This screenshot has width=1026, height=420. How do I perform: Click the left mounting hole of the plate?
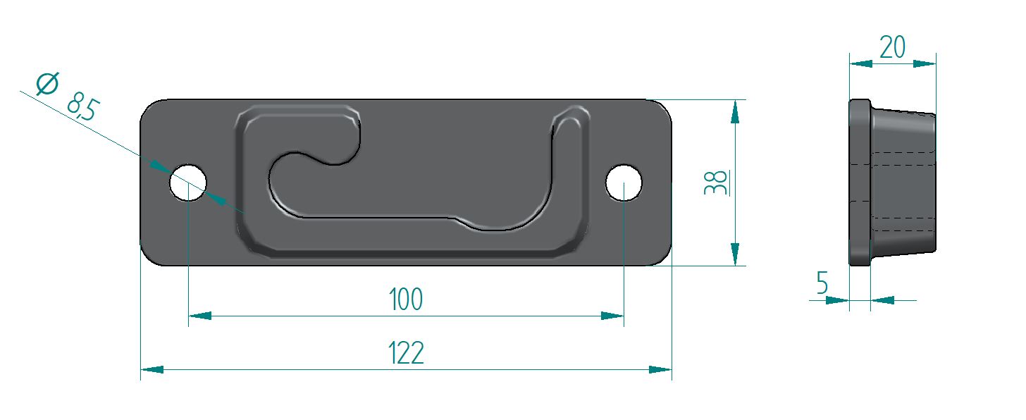(x=187, y=183)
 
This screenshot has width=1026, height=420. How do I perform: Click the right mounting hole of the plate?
(x=624, y=183)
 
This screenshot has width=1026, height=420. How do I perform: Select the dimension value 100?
(x=406, y=299)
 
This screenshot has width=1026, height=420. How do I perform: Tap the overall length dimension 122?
(x=407, y=352)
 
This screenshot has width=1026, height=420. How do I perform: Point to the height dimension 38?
(x=715, y=183)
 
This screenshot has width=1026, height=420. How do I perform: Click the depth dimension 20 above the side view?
(x=892, y=47)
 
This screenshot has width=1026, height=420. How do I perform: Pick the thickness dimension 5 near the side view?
(x=822, y=283)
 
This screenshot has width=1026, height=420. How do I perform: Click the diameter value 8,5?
(x=83, y=106)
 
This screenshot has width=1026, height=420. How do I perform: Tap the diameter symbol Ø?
(x=47, y=84)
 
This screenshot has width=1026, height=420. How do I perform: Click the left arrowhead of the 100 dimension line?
(x=200, y=316)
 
